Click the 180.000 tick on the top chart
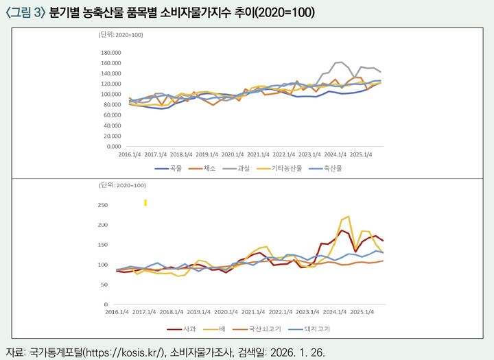tap(110, 52)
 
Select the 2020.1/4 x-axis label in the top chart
tap(233, 155)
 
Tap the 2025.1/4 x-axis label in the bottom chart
tap(362, 311)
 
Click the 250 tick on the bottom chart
tap(104, 205)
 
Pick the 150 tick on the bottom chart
tap(104, 245)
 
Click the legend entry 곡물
tap(174, 167)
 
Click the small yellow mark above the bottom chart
tap(145, 202)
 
